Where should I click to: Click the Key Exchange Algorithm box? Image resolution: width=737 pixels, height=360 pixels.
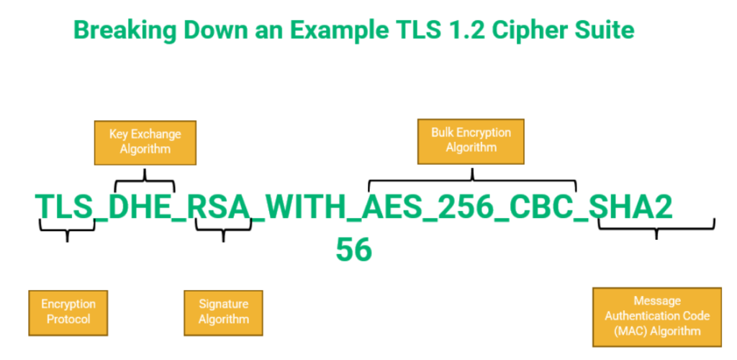pos(145,142)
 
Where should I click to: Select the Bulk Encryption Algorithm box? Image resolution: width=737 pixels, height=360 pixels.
pos(471,140)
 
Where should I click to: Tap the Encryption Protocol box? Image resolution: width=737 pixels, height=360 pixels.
pos(68,312)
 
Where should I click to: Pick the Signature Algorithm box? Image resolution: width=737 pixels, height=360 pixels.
pos(223,312)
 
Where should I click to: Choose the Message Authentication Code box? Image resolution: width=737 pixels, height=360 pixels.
pos(656,316)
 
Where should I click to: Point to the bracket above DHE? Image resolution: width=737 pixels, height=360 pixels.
pos(145,180)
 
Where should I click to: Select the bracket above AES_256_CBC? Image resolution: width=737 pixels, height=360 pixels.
pos(472,180)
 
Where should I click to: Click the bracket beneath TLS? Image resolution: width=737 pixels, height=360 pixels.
pos(67,230)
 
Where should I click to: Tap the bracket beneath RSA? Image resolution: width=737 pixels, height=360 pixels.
pos(223,230)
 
